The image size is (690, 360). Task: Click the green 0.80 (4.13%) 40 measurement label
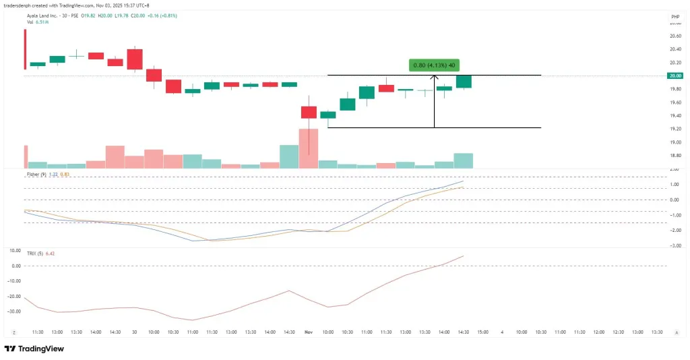tap(434, 65)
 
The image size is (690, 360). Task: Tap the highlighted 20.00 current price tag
tap(675, 76)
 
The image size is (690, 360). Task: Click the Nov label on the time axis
tap(309, 332)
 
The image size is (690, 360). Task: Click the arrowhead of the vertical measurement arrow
tap(435, 77)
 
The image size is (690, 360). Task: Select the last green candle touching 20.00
tap(464, 82)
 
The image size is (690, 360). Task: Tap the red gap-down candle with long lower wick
tap(309, 113)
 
